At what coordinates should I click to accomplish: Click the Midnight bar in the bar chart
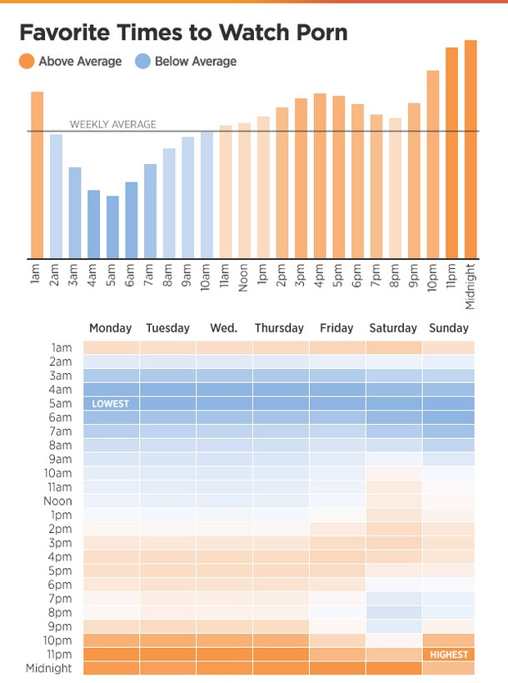click(471, 150)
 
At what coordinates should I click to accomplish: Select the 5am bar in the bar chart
click(112, 227)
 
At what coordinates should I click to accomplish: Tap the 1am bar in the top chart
click(37, 175)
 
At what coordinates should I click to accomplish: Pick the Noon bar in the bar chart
click(244, 191)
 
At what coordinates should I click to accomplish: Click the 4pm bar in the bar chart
click(320, 176)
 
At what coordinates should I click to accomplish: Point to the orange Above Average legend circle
click(26, 61)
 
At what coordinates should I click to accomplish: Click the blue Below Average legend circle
click(142, 61)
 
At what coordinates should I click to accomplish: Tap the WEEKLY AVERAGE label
click(112, 124)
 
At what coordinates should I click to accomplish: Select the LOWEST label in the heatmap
click(111, 403)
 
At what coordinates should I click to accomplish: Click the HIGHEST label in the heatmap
click(449, 655)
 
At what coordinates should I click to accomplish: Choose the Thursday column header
click(279, 328)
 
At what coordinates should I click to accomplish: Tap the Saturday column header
click(393, 328)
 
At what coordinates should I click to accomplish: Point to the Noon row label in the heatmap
click(57, 501)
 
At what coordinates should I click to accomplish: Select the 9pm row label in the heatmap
click(61, 626)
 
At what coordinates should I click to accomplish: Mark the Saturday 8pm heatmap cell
click(393, 612)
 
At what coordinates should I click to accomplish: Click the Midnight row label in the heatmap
click(49, 668)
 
